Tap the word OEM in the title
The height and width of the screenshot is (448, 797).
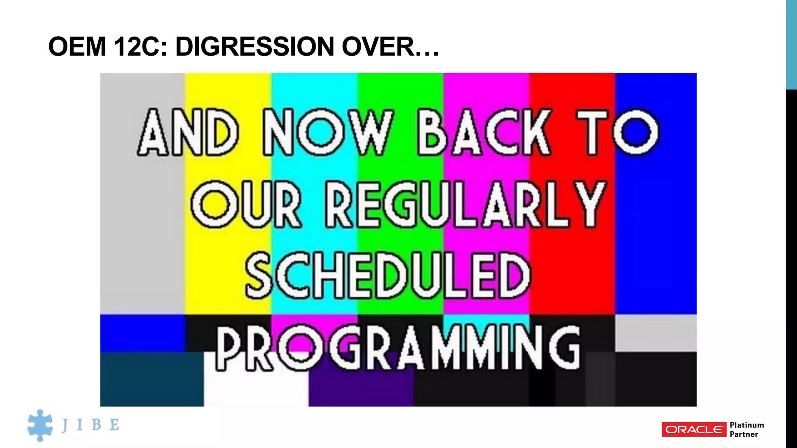click(x=77, y=47)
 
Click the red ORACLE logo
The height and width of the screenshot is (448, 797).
click(x=694, y=429)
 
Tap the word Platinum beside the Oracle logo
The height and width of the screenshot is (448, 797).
click(x=746, y=425)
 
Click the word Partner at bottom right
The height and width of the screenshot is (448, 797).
click(x=744, y=434)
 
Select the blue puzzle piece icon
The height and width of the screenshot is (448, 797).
click(x=40, y=425)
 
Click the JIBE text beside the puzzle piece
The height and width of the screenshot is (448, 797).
click(x=91, y=425)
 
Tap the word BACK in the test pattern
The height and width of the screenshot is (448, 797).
click(x=485, y=132)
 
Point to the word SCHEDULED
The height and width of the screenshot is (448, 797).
click(x=388, y=275)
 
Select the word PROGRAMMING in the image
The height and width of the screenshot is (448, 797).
click(x=398, y=348)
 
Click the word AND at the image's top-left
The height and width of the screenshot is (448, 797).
click(x=188, y=132)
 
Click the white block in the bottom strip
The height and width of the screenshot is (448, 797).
click(x=256, y=389)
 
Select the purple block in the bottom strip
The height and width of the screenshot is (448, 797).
click(x=361, y=389)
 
